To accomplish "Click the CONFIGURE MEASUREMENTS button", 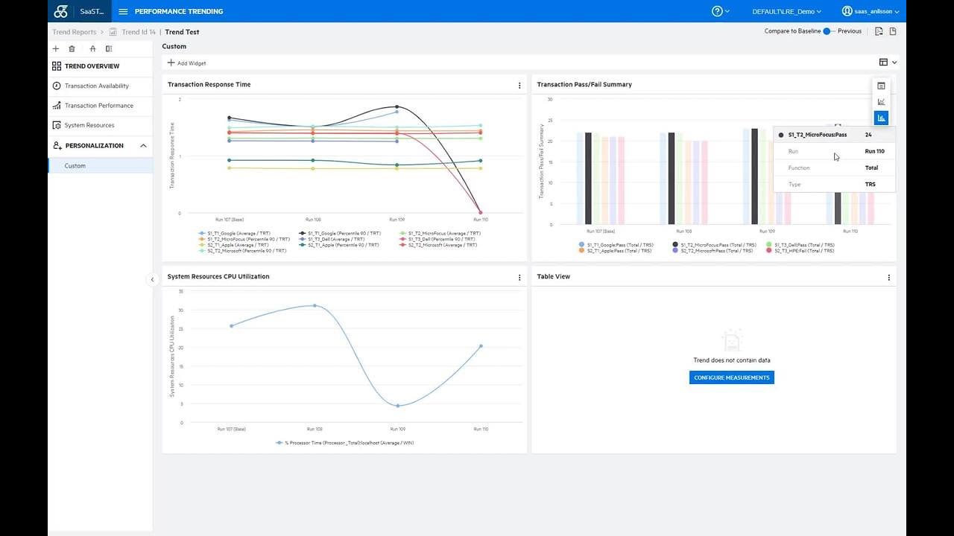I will (x=731, y=377).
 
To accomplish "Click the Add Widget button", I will (x=187, y=63).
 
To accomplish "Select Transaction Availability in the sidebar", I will (x=96, y=86).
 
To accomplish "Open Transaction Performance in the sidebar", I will (x=98, y=106).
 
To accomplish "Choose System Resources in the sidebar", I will (x=89, y=125).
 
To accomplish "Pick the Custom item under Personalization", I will (x=75, y=166).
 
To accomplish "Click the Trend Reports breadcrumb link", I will (x=75, y=32).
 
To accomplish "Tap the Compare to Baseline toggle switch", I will (x=828, y=31).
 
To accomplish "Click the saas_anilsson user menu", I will (x=870, y=11).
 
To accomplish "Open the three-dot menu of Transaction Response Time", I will (x=519, y=86).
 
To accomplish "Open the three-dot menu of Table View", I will (x=888, y=278).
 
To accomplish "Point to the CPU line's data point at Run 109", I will (x=398, y=406).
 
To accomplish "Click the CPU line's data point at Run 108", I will (x=315, y=305).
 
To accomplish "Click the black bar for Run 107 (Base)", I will (x=588, y=178).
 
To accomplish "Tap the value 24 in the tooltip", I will (x=868, y=135).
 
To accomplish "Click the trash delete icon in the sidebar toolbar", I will (x=72, y=49).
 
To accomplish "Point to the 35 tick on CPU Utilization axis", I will (x=180, y=291).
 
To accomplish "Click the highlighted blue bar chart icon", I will (x=881, y=118).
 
